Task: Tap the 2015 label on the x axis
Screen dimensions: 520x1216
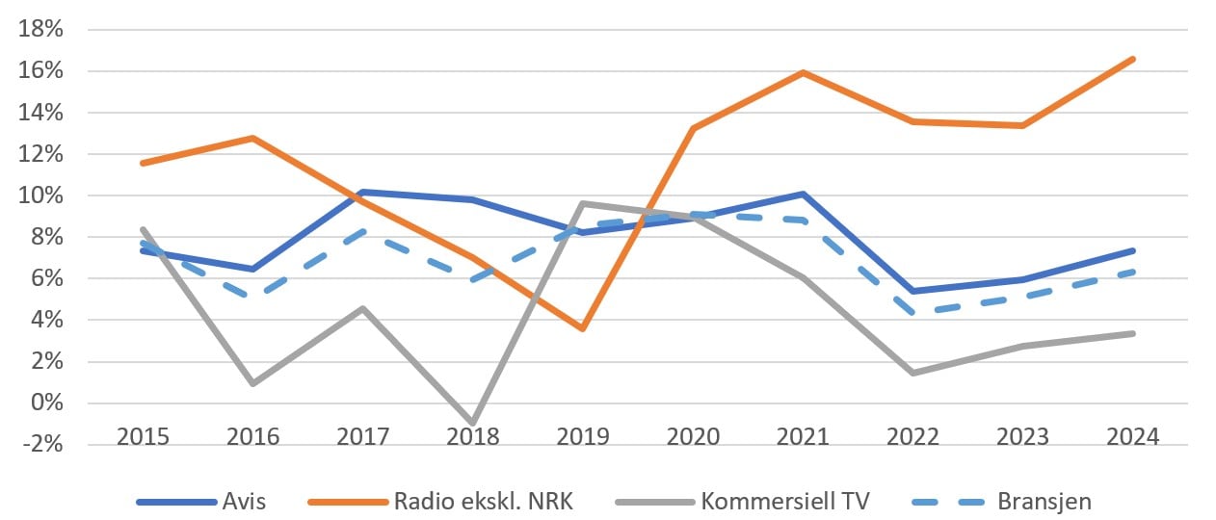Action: point(143,436)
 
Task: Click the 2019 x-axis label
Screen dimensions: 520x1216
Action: point(582,436)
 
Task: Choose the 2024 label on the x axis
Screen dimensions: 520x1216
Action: point(1133,436)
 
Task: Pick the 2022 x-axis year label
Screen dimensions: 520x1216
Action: point(912,436)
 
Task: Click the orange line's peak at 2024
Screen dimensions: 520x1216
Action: point(1133,59)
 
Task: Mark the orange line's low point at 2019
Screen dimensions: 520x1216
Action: point(583,328)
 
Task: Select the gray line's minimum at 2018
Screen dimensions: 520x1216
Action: point(473,423)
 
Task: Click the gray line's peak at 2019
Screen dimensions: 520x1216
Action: point(583,203)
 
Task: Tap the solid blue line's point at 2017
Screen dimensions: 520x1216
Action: point(363,192)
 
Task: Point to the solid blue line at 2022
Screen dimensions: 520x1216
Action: point(912,291)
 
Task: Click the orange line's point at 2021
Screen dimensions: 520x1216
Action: point(803,72)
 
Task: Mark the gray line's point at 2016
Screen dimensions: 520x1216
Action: point(252,383)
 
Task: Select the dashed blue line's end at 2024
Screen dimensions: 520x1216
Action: point(1133,272)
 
